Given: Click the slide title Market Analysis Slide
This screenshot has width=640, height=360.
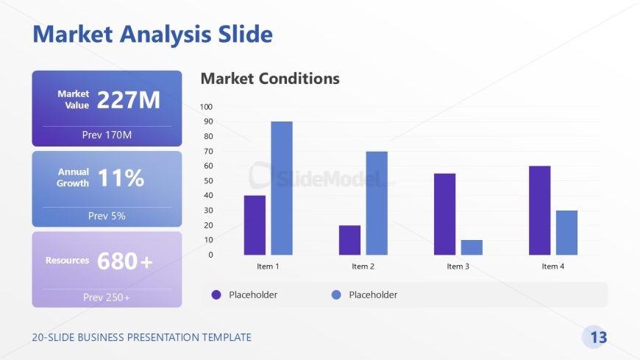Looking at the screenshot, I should (x=152, y=34).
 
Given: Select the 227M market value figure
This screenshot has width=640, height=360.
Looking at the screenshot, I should (x=128, y=100).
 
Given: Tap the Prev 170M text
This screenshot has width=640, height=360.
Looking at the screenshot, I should (x=107, y=135).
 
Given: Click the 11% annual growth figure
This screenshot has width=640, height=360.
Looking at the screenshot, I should (x=121, y=178).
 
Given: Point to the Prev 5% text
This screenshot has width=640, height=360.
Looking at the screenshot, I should (x=107, y=216).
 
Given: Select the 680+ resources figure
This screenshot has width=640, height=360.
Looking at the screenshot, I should (x=125, y=261).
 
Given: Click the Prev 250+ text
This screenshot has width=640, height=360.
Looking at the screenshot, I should (x=107, y=297).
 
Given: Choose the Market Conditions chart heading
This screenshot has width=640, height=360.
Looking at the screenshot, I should (x=270, y=78).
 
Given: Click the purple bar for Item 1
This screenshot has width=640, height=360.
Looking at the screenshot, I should (x=255, y=225).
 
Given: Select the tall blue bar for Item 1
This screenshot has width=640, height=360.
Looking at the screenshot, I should (x=282, y=188).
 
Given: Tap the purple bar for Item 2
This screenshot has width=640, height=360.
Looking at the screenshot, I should (x=349, y=239).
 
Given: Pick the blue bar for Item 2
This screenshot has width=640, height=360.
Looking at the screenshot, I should (x=377, y=202).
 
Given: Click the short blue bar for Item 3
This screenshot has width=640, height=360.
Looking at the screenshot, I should (x=472, y=247).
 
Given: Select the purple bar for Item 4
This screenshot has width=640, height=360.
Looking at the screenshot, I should (x=539, y=210).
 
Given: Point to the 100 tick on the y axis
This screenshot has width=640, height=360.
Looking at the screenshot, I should (x=207, y=107).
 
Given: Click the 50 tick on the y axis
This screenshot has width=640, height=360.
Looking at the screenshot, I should (x=208, y=180).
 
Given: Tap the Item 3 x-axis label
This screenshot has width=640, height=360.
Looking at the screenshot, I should (x=458, y=267).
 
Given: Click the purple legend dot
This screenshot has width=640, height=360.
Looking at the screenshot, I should (x=216, y=294).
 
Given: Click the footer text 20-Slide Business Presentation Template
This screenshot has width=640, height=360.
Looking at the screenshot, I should (x=141, y=337).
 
